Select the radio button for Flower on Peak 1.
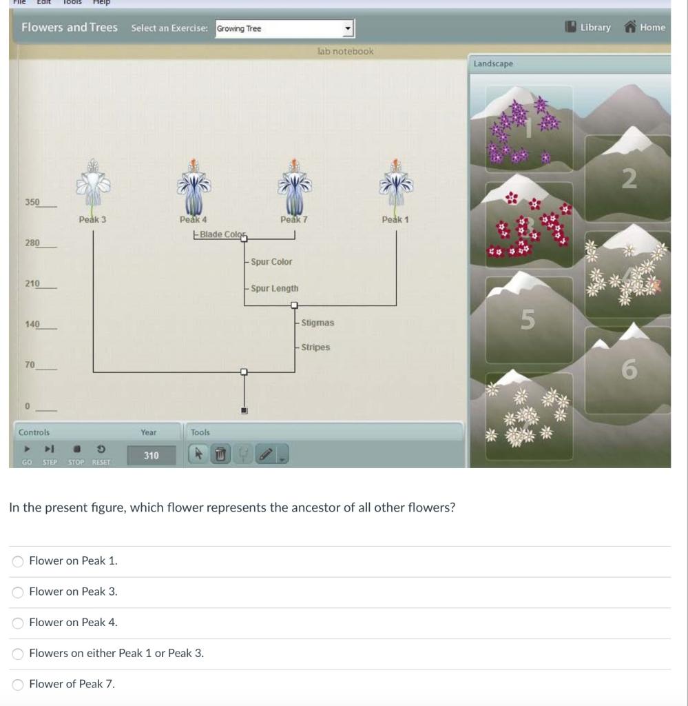tap(18, 561)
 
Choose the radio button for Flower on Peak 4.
tap(18, 623)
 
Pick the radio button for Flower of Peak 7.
tap(18, 684)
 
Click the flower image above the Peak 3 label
tap(92, 185)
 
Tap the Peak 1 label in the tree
tap(396, 219)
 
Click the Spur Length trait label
tap(275, 288)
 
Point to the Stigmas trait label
tap(317, 322)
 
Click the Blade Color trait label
tap(220, 234)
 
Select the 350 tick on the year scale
tap(33, 203)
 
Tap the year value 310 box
tap(151, 455)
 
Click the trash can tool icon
tap(220, 454)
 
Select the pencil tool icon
tap(266, 454)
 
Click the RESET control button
tap(101, 454)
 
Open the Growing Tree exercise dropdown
tap(284, 29)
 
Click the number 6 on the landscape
tap(629, 370)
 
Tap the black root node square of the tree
tap(244, 411)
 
